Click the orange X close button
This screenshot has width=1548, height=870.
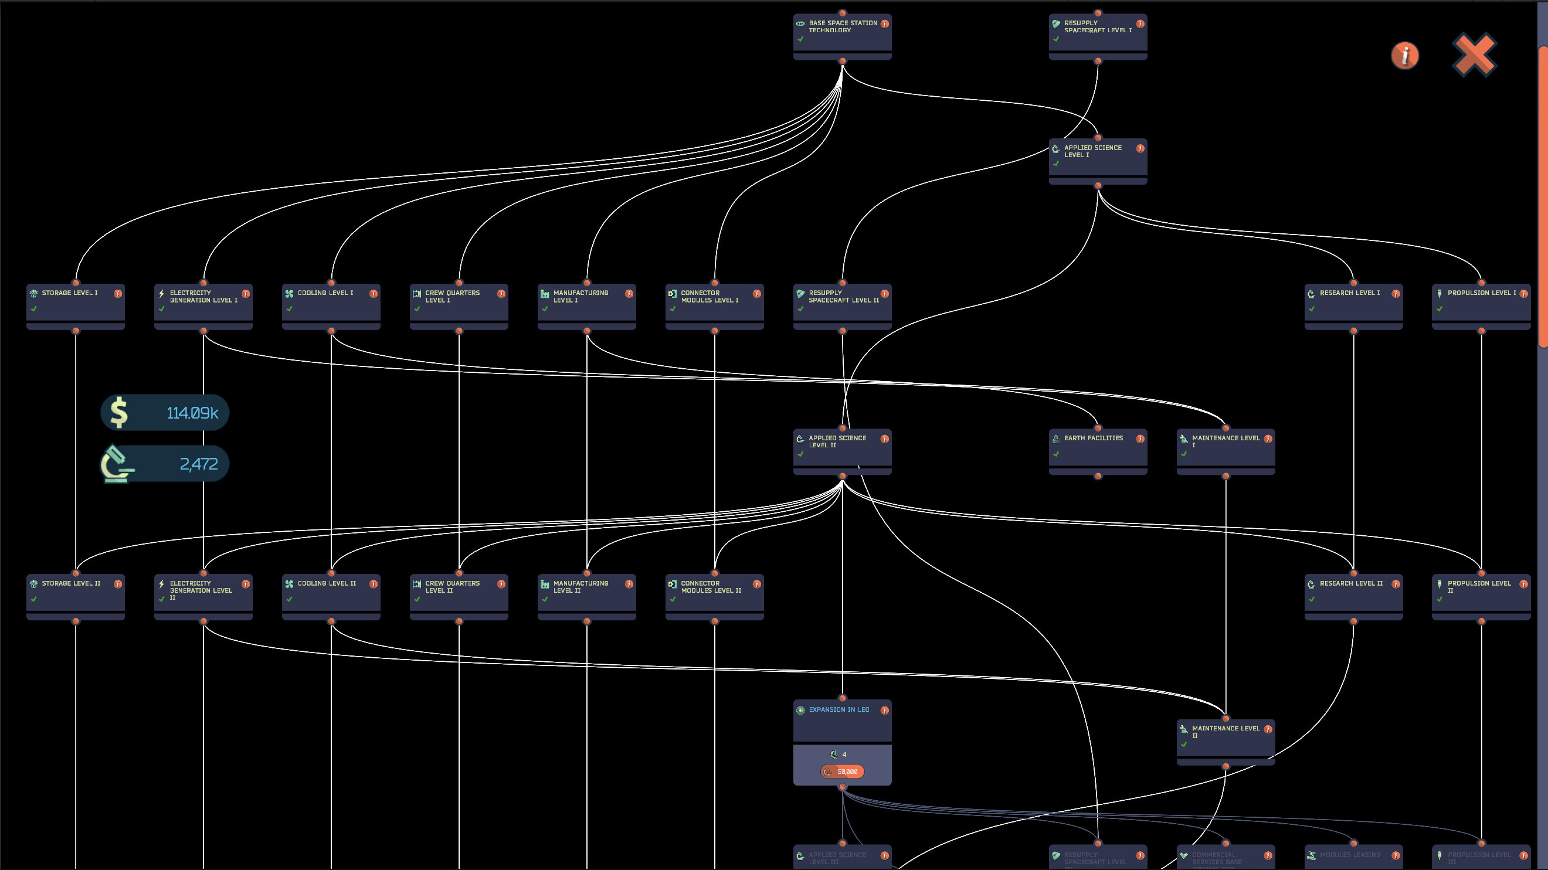coord(1474,55)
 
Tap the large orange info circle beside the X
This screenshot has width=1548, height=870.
coord(1404,56)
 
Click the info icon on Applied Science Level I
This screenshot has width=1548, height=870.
coord(1140,148)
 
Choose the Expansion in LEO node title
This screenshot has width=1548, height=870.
coord(838,709)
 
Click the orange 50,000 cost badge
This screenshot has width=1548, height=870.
coord(843,772)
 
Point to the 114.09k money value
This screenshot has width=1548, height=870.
coord(192,413)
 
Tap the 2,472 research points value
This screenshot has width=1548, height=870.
coord(198,464)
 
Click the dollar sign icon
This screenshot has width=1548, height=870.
coord(118,412)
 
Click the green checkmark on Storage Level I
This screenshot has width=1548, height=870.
coord(34,309)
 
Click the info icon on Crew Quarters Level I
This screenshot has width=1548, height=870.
coord(501,294)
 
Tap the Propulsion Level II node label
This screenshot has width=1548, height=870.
coord(1478,586)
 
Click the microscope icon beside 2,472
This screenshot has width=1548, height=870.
coord(116,464)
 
